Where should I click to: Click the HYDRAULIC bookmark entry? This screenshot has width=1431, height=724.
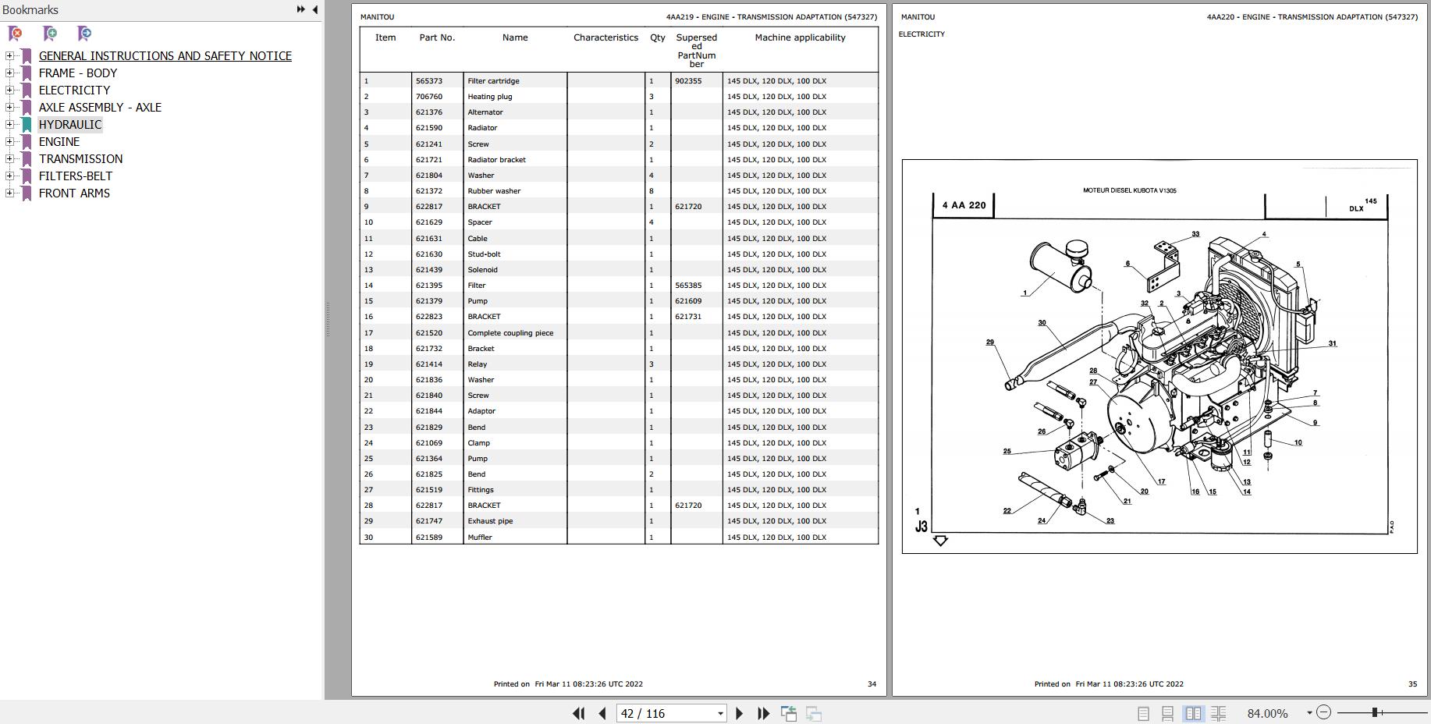click(x=70, y=125)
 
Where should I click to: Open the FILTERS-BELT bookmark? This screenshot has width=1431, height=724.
click(x=76, y=176)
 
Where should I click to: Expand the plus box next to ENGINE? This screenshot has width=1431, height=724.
click(x=9, y=142)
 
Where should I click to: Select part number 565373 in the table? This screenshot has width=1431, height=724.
click(x=429, y=81)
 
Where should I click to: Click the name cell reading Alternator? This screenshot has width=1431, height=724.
click(x=485, y=112)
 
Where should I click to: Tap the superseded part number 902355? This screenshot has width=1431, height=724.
click(x=688, y=81)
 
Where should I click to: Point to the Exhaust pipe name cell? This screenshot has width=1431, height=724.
click(x=490, y=521)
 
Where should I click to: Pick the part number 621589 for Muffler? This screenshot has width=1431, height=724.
click(x=429, y=538)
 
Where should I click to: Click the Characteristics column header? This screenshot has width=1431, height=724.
click(x=605, y=37)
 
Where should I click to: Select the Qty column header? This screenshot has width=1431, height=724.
click(x=658, y=37)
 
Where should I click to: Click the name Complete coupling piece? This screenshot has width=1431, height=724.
click(x=510, y=333)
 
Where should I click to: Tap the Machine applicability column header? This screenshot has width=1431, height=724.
click(x=800, y=37)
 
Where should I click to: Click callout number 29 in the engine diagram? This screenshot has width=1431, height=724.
click(x=990, y=342)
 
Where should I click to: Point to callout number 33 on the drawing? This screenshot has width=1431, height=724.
click(x=1195, y=234)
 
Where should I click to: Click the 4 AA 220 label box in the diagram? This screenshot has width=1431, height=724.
click(x=964, y=206)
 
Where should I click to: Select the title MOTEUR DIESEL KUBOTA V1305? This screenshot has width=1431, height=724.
click(x=1129, y=190)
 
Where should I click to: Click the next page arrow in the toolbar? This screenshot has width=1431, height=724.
click(x=739, y=713)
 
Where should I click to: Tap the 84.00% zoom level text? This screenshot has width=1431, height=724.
click(x=1267, y=713)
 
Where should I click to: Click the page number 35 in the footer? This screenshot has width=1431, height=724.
click(x=1412, y=684)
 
